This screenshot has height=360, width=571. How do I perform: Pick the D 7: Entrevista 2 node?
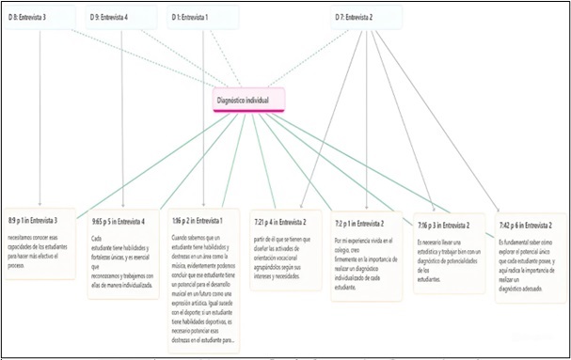[368, 18]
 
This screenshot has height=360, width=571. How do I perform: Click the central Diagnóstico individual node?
[246, 100]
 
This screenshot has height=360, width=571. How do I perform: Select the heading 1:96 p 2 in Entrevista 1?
[198, 219]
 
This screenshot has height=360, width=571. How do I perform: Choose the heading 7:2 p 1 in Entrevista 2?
[360, 225]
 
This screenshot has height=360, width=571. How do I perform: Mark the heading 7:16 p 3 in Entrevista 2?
[443, 226]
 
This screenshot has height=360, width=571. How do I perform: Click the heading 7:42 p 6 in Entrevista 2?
[525, 226]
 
